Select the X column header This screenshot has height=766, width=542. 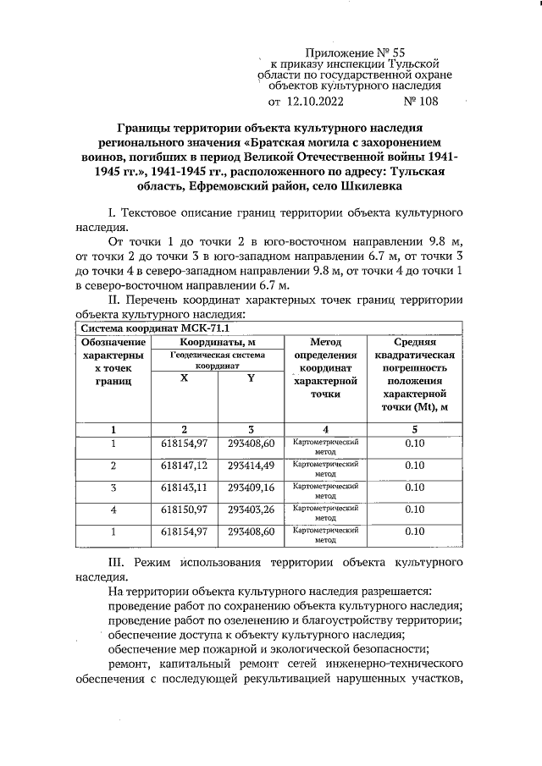click(184, 378)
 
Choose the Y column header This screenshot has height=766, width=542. click(251, 378)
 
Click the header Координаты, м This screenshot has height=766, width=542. click(218, 342)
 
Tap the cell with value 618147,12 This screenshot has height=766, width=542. click(184, 466)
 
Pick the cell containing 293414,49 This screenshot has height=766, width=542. click(252, 466)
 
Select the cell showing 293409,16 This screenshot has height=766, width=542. click(252, 488)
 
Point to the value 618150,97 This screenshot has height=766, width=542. click(184, 510)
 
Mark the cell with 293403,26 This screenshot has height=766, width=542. click(252, 510)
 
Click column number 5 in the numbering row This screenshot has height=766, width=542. click(414, 428)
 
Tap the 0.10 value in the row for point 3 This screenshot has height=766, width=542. click(414, 488)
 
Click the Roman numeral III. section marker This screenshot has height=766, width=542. click(119, 563)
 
